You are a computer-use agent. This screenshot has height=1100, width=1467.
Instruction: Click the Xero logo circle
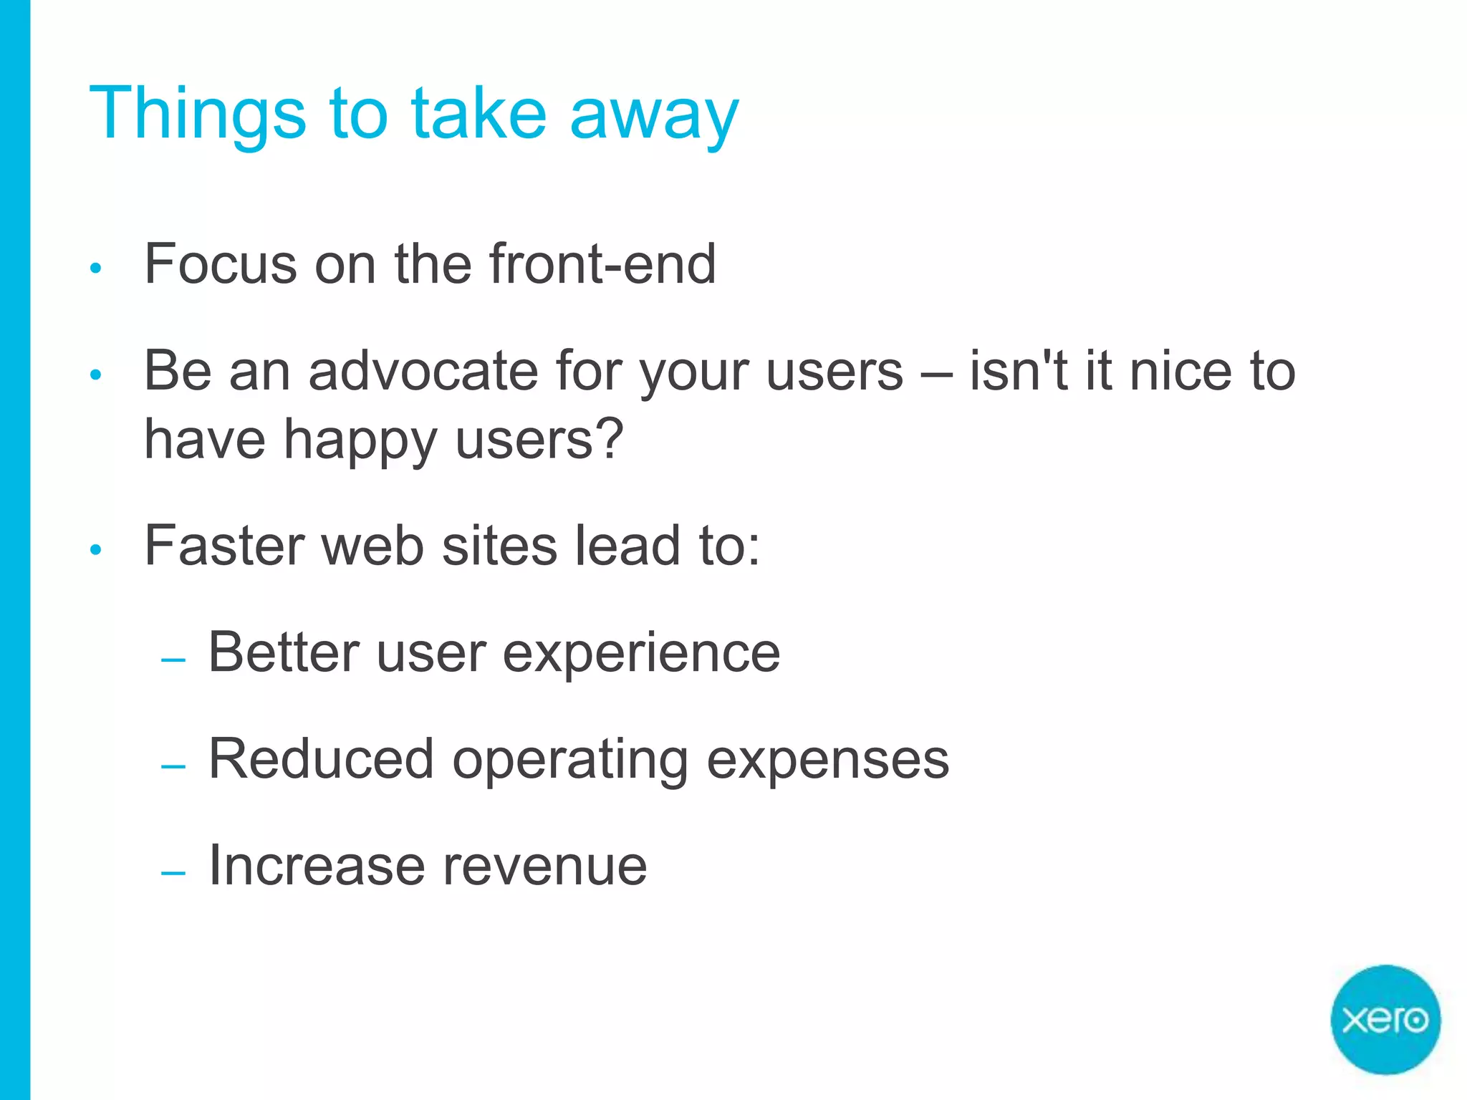[x=1385, y=1019]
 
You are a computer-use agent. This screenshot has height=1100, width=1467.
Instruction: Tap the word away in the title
[x=653, y=115]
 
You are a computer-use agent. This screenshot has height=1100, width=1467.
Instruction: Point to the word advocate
[x=423, y=371]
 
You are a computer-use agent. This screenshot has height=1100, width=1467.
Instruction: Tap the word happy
[x=360, y=440]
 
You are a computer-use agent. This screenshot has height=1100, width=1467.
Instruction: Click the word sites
[x=499, y=546]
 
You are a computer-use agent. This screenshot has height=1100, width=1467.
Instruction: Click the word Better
[x=284, y=652]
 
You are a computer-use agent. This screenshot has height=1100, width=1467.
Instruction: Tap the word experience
[x=641, y=653]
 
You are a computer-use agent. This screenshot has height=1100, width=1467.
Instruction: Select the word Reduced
[x=321, y=759]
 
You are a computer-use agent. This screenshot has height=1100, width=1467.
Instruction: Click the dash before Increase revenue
[x=173, y=872]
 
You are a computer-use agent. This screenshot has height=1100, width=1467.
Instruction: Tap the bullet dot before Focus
[x=96, y=269]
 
